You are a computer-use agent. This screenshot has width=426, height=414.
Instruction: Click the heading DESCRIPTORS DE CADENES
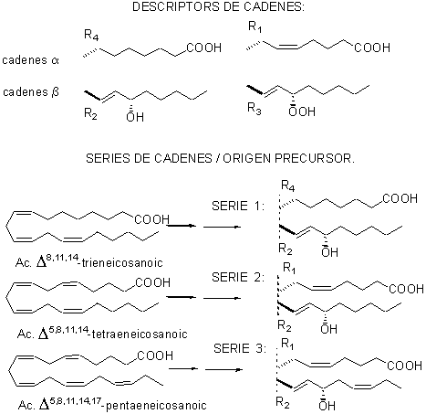[218, 6]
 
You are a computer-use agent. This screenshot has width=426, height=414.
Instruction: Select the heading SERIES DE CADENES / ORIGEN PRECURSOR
[221, 158]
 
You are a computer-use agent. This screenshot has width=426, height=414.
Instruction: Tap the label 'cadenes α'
[30, 60]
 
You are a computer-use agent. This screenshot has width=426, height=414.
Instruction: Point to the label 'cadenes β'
[31, 91]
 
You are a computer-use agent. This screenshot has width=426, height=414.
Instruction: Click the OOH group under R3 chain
[302, 111]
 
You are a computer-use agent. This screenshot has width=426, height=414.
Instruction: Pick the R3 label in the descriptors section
[255, 109]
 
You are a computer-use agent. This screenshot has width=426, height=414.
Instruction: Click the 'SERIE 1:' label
[238, 206]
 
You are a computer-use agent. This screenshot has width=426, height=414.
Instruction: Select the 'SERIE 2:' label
[238, 277]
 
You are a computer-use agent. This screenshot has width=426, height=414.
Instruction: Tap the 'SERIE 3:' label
[240, 348]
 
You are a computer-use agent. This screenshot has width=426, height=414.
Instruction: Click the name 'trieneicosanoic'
[122, 262]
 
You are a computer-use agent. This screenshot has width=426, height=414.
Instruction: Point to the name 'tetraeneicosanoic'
[140, 334]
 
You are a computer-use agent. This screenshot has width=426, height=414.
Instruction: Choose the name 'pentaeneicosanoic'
[156, 406]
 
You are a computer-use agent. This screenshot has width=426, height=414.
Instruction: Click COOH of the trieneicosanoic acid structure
[152, 219]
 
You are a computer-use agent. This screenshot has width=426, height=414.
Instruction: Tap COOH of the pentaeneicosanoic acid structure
[155, 356]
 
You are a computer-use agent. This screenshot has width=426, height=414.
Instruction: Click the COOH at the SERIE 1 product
[400, 198]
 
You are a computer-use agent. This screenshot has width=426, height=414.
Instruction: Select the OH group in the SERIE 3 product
[327, 405]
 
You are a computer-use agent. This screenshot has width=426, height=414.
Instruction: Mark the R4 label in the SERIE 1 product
[288, 186]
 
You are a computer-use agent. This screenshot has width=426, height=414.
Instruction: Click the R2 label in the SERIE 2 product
[285, 326]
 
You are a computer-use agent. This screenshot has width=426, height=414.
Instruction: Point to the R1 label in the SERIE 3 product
[287, 345]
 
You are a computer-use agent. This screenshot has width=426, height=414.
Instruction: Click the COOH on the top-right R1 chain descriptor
[372, 48]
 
